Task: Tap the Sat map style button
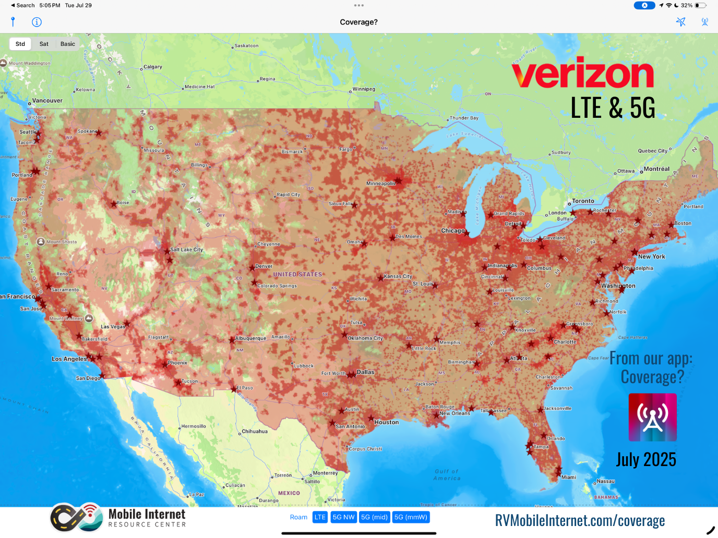click(44, 44)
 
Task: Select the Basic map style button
click(68, 44)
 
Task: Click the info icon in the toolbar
click(37, 22)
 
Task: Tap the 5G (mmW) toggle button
click(411, 517)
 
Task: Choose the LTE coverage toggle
click(320, 517)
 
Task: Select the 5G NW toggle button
click(343, 517)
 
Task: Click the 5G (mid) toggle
click(374, 517)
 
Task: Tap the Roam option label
click(298, 517)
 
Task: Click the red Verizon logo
click(582, 75)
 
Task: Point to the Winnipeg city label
click(364, 89)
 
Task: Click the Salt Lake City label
click(186, 250)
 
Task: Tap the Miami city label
click(568, 477)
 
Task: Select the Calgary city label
click(152, 67)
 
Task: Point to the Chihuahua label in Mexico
click(255, 432)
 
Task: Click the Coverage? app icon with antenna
click(652, 417)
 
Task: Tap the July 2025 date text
click(646, 459)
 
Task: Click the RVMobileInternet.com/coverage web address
click(580, 520)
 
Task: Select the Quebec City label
click(652, 151)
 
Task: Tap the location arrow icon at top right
click(680, 22)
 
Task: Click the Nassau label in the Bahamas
click(606, 481)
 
